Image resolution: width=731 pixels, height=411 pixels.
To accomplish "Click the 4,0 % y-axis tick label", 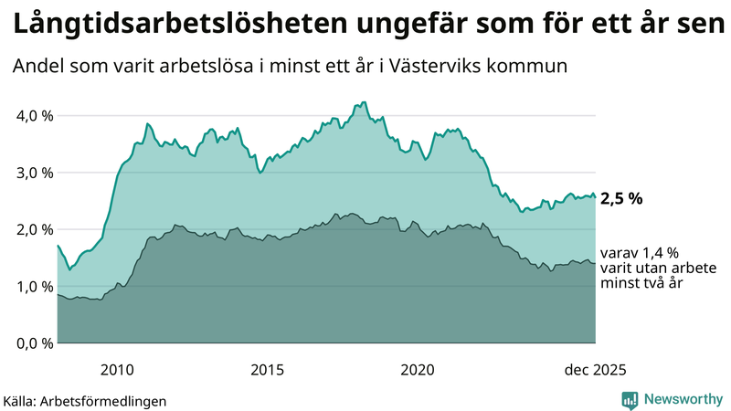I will [31, 116].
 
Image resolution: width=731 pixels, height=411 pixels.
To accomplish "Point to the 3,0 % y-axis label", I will [31, 173].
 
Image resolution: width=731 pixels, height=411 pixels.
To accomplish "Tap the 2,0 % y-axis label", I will [31, 229].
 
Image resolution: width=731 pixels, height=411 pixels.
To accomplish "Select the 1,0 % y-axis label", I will [31, 286].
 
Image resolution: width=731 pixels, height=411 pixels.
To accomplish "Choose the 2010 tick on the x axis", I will [118, 369].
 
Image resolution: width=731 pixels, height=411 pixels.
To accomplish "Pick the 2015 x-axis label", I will [268, 369].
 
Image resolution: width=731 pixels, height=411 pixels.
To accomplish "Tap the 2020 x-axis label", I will [418, 369].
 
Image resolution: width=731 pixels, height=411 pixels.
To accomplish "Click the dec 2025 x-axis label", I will [595, 369].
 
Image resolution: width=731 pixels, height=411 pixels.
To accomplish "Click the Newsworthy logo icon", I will [630, 399].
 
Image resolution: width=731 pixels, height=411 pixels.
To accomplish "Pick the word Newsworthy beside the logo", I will [681, 399].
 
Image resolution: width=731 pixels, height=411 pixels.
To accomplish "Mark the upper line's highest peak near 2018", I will [364, 102].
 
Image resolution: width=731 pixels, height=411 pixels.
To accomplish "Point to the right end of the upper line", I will [595, 197].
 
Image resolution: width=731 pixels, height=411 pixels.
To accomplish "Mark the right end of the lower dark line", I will [595, 263].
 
